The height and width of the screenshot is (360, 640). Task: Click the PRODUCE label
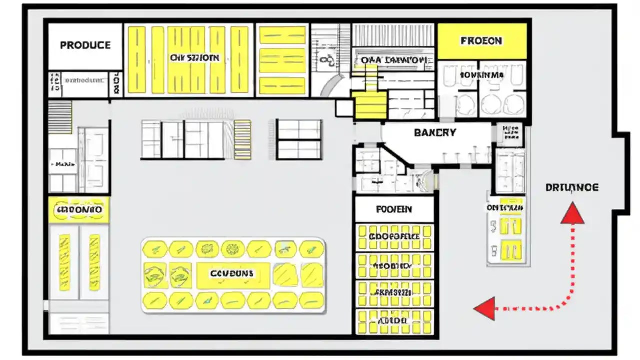pos(85,45)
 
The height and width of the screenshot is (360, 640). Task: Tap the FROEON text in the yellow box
pos(481,41)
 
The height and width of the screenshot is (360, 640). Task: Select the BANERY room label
pos(435,133)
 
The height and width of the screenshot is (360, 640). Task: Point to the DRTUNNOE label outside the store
pos(572,188)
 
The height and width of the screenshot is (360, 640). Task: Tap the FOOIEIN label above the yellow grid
pos(394,209)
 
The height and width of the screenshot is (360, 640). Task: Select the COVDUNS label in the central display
pos(232,274)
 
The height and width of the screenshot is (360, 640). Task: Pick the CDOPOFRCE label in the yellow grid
pos(394,236)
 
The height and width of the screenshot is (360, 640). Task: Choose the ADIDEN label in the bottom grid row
pos(394,320)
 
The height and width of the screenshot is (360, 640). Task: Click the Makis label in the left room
pos(64,164)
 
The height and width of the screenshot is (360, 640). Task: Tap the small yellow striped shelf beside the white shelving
pos(243,139)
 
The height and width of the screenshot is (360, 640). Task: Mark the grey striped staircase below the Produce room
pos(60,117)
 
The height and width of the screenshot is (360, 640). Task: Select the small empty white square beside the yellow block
pos(344,108)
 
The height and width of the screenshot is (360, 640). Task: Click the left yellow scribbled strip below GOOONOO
pos(64,262)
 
